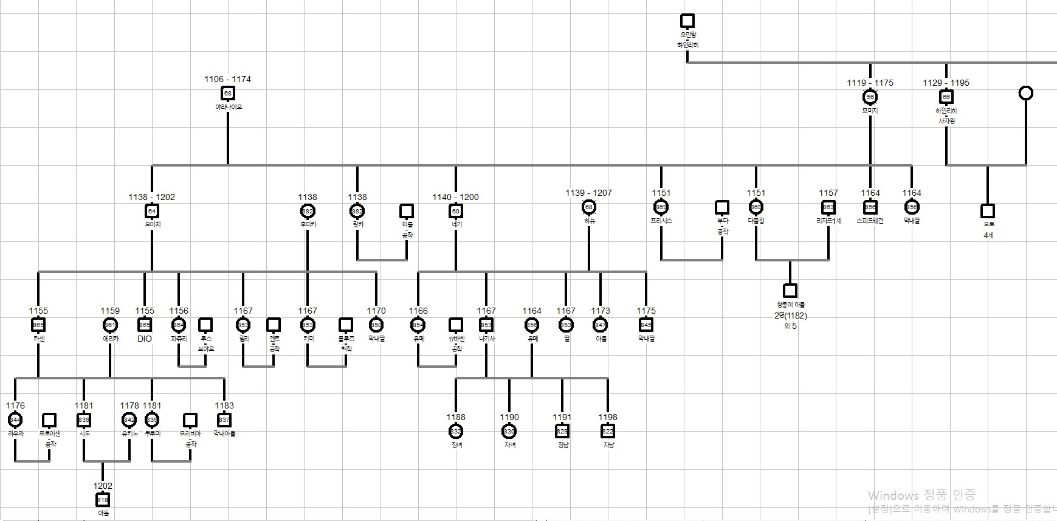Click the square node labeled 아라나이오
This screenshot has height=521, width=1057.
coord(228,93)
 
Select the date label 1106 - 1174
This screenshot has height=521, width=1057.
coord(227,79)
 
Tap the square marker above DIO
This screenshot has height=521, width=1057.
coord(145,325)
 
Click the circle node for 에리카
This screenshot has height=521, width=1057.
coord(110,325)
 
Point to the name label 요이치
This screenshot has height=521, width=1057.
coord(153,224)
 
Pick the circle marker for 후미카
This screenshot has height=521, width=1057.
coord(308,211)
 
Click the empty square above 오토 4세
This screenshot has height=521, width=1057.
coord(988,211)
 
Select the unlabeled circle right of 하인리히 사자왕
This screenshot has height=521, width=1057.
coord(1025,93)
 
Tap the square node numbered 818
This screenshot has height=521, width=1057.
coord(103,500)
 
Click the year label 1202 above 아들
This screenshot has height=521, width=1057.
coord(103,486)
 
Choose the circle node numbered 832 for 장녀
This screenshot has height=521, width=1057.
coord(456,431)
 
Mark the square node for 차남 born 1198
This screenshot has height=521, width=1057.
coord(608,431)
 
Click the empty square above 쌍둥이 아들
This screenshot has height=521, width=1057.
coord(790,291)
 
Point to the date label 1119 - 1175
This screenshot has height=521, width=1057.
coord(870,83)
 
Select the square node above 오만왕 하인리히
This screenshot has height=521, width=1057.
coord(687,21)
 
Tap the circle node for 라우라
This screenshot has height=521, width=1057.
coord(15,419)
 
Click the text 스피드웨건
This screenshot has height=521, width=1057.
coord(870,221)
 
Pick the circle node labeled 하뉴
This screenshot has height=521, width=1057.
coord(588,207)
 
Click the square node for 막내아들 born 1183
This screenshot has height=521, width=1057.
coord(224,419)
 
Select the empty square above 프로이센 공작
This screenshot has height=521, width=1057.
coord(49,419)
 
